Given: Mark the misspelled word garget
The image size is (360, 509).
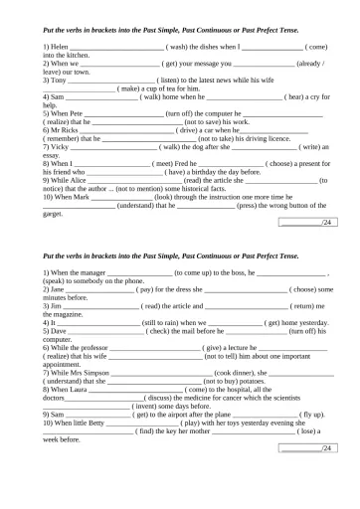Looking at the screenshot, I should (x=54, y=212).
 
